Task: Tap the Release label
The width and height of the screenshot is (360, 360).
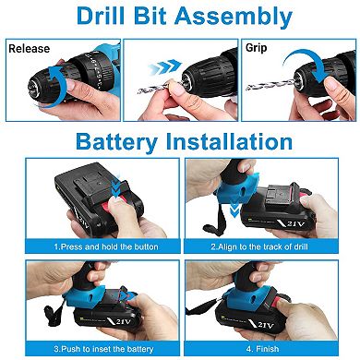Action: [30, 47]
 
